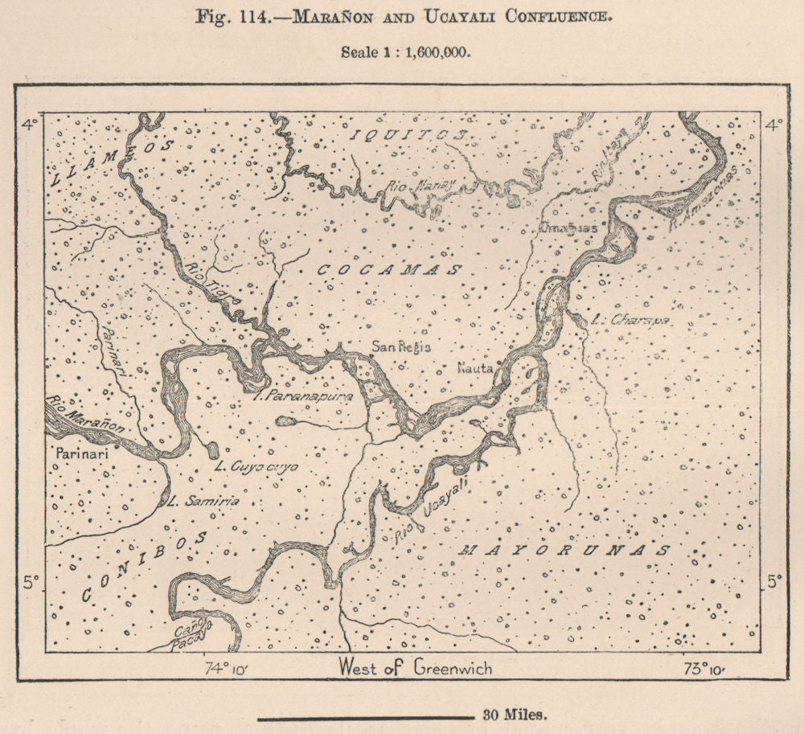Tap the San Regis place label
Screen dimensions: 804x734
pyautogui.click(x=401, y=347)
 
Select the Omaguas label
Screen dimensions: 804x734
pyautogui.click(x=568, y=228)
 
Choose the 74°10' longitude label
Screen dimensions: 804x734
pyautogui.click(x=227, y=667)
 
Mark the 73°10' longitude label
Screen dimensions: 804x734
pyautogui.click(x=706, y=667)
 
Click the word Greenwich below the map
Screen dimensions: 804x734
pyautogui.click(x=453, y=667)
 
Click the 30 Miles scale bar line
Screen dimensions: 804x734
pyautogui.click(x=366, y=713)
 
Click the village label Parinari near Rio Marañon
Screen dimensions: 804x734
pyautogui.click(x=80, y=453)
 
